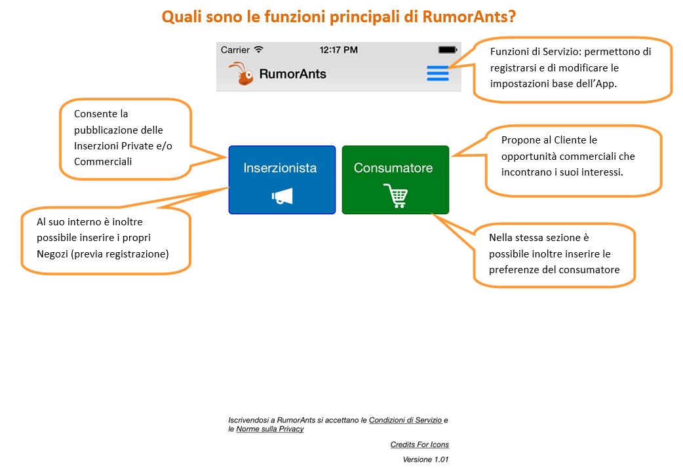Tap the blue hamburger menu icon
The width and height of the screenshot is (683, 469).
coord(438,73)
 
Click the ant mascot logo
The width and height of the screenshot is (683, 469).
coord(241,73)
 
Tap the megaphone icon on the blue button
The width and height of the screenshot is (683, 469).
coord(283,197)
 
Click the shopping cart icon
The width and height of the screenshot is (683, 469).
coord(395,195)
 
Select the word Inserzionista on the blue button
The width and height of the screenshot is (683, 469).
coord(280,168)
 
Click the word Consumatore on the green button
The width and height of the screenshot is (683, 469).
coord(393,168)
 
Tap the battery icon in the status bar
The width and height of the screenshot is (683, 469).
coord(447,50)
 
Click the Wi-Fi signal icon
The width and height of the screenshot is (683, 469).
coord(259,49)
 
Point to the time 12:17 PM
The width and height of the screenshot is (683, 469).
coord(338,50)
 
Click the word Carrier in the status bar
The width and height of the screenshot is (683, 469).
coord(235,50)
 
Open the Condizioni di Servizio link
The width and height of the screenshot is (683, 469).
coord(406,420)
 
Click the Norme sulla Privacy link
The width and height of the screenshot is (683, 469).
coord(270,429)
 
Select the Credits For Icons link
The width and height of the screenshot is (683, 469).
coord(420,444)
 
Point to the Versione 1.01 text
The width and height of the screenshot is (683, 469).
coord(425,459)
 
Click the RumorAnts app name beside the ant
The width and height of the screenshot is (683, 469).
coord(293,74)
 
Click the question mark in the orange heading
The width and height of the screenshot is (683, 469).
coord(511,16)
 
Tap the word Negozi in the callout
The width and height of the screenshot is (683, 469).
coord(52,254)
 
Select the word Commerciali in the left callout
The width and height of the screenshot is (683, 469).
coord(103,162)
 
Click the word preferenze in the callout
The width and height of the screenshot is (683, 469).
coord(514,270)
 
